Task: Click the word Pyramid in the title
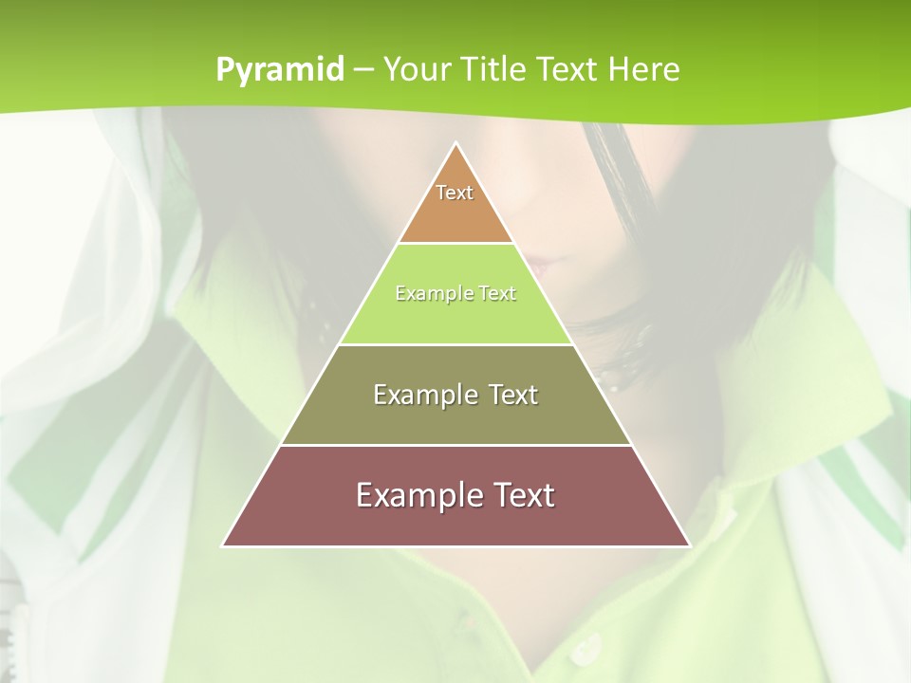coord(280,70)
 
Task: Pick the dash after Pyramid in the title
coord(363,70)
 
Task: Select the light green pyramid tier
coord(455,318)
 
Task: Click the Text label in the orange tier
coord(455,193)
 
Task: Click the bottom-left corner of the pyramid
coord(223,545)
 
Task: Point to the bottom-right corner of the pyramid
coord(690,545)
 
